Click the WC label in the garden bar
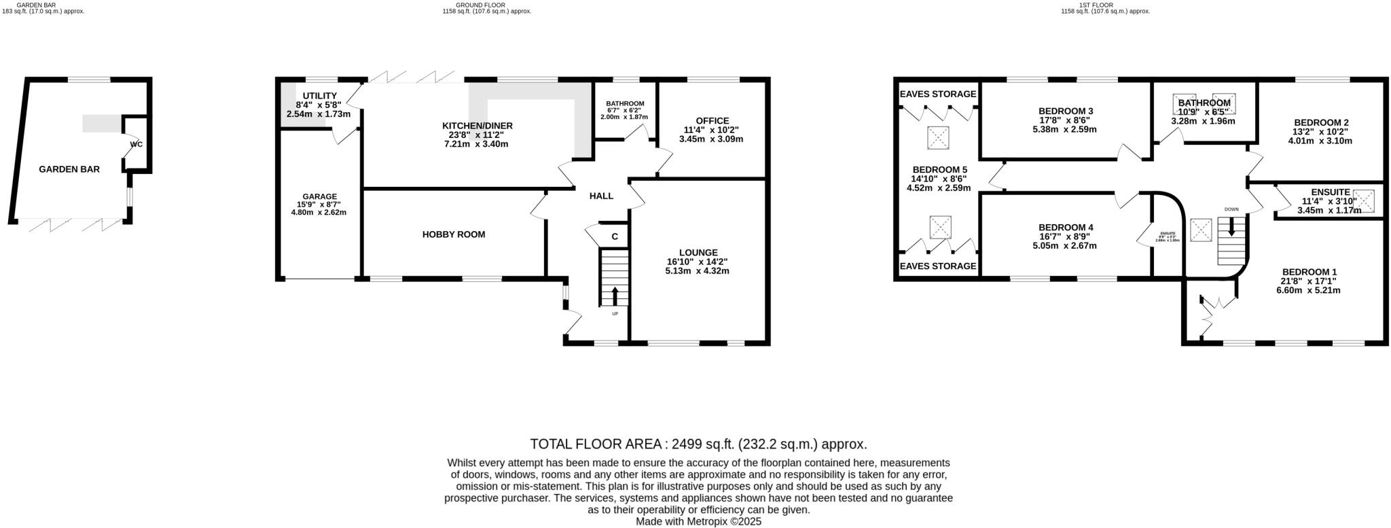tap(136, 144)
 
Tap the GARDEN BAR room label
tap(69, 169)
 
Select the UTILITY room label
tap(319, 96)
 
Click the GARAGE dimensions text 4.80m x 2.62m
tap(319, 212)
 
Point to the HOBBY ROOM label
tap(454, 234)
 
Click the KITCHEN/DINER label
tap(477, 126)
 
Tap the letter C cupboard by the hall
tap(615, 236)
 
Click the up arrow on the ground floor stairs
tap(615, 295)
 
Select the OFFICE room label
tap(712, 121)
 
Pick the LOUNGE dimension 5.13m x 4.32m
tap(697, 270)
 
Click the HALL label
tap(601, 196)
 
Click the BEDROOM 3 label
tap(1066, 111)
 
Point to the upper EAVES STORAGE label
tap(937, 94)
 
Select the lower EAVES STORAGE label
tap(937, 266)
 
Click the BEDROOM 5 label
tap(939, 170)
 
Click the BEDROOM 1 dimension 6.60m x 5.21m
tap(1308, 290)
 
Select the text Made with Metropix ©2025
tap(698, 522)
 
